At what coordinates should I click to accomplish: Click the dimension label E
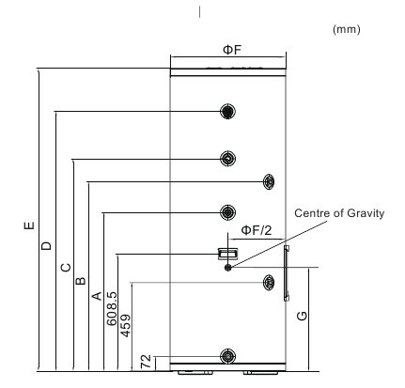tap(29, 225)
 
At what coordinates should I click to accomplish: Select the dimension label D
tap(46, 245)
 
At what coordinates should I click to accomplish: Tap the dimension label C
tap(66, 268)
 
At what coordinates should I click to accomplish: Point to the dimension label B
tap(81, 281)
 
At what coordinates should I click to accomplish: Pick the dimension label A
tap(97, 296)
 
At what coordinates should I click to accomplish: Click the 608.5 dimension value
tap(112, 309)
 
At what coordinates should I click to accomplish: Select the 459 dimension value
tap(126, 326)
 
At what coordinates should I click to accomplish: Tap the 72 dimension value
tap(146, 362)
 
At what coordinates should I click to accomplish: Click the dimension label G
tap(302, 316)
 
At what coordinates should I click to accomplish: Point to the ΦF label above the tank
tap(232, 50)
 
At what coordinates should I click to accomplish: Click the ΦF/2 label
tap(257, 230)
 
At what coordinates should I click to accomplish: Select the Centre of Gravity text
tap(339, 213)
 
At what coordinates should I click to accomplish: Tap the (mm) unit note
tap(347, 29)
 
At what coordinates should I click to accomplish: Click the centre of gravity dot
tap(228, 268)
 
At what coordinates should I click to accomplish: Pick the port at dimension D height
tap(227, 111)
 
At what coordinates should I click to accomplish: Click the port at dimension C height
tap(227, 159)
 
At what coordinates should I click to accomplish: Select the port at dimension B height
tap(269, 181)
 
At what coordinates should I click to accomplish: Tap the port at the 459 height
tap(269, 283)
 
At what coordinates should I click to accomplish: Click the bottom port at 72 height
tap(227, 356)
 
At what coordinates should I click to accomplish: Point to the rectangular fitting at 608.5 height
tap(227, 254)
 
